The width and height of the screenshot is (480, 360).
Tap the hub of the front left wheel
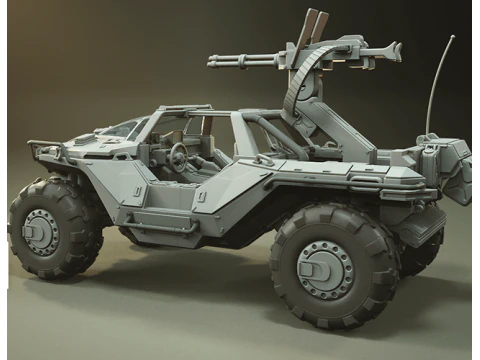click(38, 233)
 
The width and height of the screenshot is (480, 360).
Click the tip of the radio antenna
click(451, 37)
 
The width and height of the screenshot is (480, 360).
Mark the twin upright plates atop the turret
click(308, 28)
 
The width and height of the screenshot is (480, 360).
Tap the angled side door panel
click(225, 190)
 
